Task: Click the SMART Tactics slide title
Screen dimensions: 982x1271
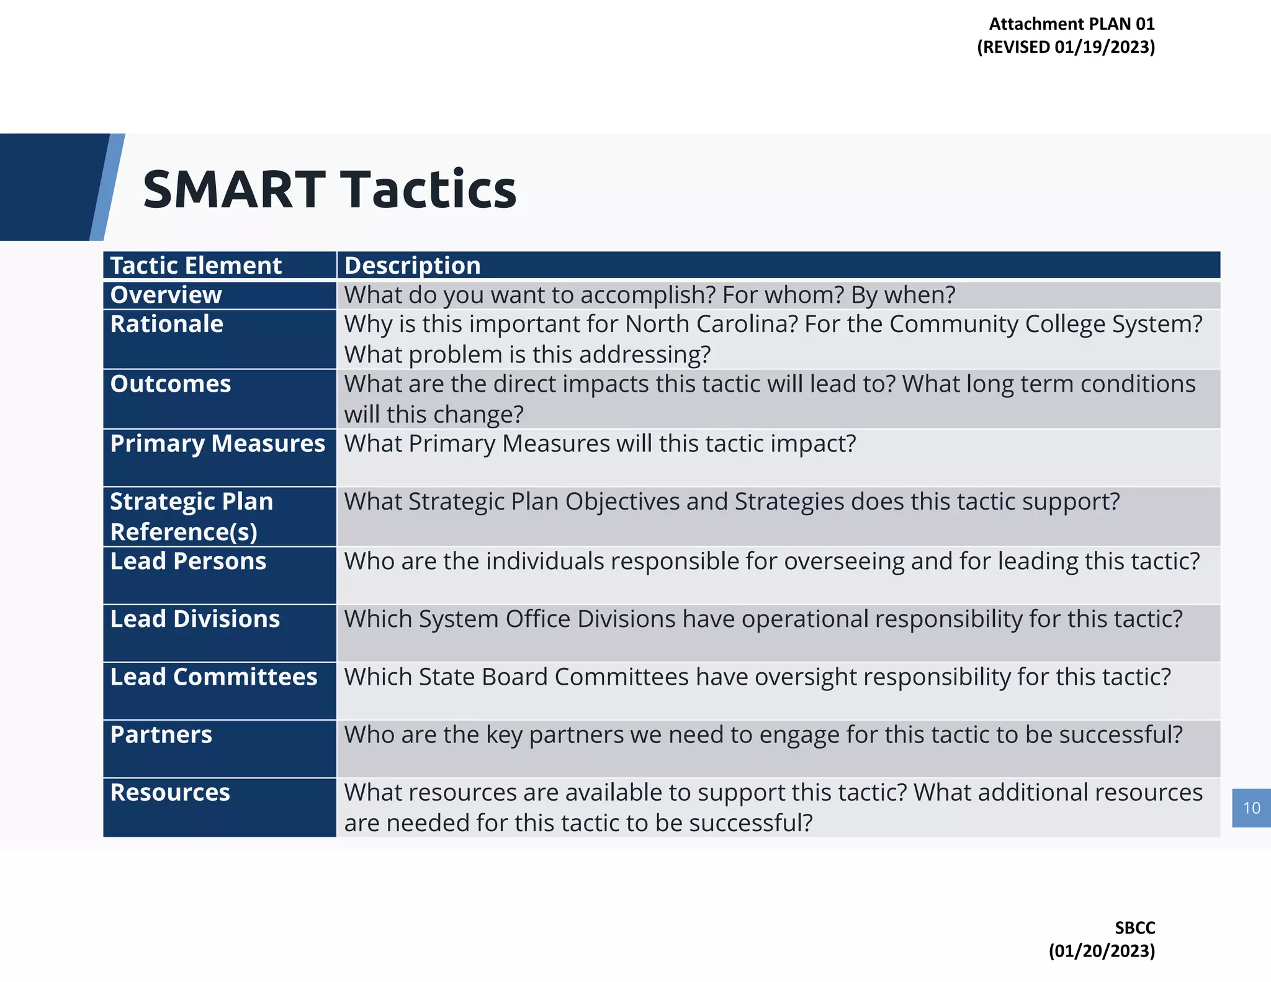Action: [x=329, y=189]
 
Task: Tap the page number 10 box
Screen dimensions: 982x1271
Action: [x=1251, y=808]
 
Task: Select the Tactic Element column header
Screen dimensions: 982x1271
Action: [x=195, y=266]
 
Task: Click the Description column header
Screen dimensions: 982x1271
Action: [x=412, y=266]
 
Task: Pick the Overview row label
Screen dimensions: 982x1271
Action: [x=166, y=295]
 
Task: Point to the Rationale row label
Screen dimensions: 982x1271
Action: [x=166, y=324]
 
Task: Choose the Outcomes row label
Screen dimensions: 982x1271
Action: [x=170, y=384]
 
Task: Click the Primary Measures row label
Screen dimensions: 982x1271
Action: [x=217, y=444]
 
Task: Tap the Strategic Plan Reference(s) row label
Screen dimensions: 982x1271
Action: [x=191, y=516]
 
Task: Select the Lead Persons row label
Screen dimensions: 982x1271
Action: [x=187, y=561]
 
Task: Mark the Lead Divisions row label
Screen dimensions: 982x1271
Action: [x=195, y=619]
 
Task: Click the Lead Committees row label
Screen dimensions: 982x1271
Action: [x=213, y=677]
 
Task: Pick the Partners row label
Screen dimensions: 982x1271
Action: [x=161, y=734]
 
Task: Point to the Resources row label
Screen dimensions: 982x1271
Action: [x=169, y=793]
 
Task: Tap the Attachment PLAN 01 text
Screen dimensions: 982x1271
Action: [x=1071, y=24]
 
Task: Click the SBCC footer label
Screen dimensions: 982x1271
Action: [x=1134, y=928]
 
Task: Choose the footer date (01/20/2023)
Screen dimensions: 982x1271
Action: [x=1102, y=951]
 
